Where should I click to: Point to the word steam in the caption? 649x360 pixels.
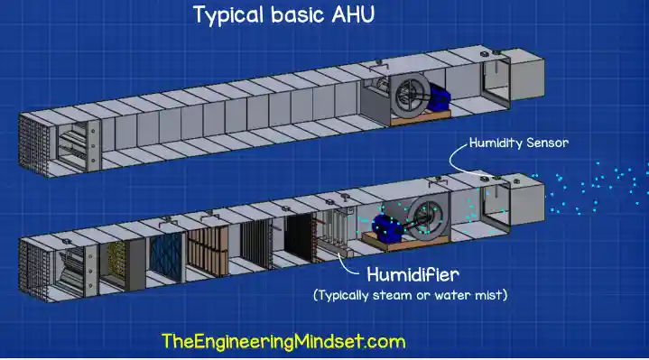tap(395, 295)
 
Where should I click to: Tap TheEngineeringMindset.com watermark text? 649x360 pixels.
tap(283, 342)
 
